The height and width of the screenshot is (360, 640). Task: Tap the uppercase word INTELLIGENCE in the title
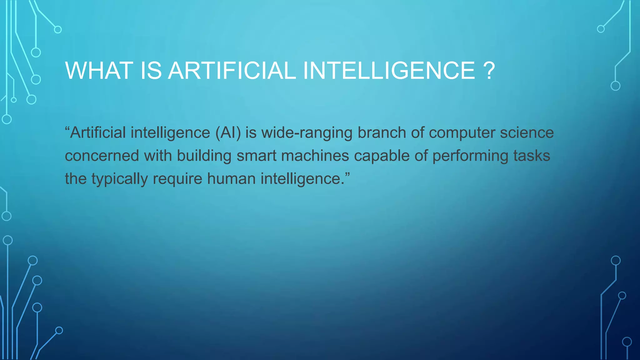[x=389, y=71]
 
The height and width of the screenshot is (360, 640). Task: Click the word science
[x=527, y=133]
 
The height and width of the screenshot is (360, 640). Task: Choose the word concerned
[x=102, y=156]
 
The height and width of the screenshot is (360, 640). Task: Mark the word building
[x=204, y=156]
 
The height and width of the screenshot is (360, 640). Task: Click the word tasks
[x=532, y=156]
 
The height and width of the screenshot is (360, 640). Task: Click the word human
[x=231, y=179]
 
